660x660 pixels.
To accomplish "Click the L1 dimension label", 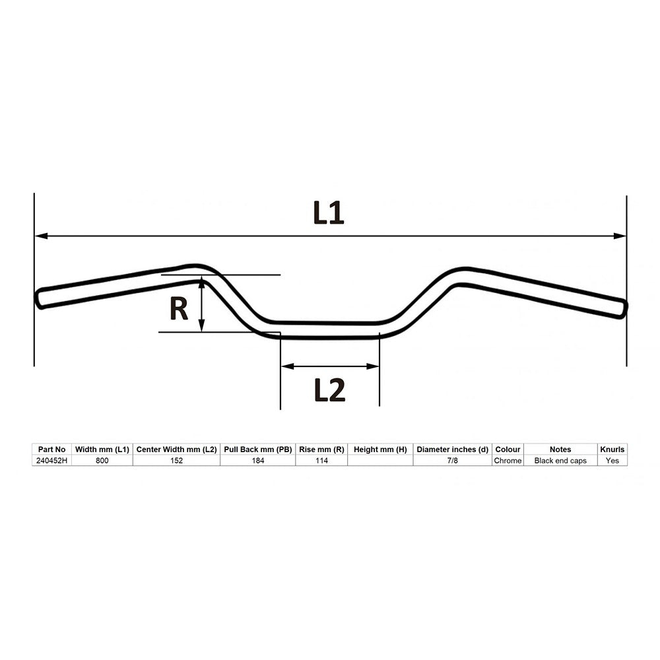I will point(328,213).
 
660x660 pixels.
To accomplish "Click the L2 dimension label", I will point(329,391).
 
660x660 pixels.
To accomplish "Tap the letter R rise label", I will point(179,309).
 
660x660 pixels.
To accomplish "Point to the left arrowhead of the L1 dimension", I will point(40,236).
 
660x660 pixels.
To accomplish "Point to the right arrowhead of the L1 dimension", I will point(620,236).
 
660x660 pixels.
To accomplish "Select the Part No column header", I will point(51,449).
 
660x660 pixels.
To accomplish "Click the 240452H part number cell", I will point(51,461).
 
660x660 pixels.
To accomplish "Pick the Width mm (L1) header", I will point(102,449).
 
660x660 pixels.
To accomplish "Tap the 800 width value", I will point(102,461).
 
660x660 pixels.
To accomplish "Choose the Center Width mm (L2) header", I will point(176,449).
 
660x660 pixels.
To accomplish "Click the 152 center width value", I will point(176,461).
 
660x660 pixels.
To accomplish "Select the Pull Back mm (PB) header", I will point(257,449).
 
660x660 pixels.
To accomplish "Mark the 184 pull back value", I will point(257,461).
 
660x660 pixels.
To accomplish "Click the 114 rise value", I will point(321,461).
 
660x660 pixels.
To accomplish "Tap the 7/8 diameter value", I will point(452,461).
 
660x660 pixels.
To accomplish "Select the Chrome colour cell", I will point(508,461).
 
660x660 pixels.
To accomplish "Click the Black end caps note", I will point(560,461).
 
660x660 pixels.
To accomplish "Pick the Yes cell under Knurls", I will point(612,461).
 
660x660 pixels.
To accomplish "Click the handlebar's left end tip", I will point(39,298).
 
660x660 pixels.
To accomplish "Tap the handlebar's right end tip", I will point(622,309).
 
